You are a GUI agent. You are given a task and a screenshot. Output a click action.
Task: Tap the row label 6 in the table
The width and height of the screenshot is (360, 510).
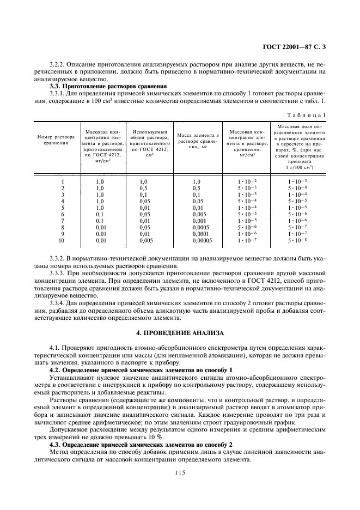click(x=62, y=214)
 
